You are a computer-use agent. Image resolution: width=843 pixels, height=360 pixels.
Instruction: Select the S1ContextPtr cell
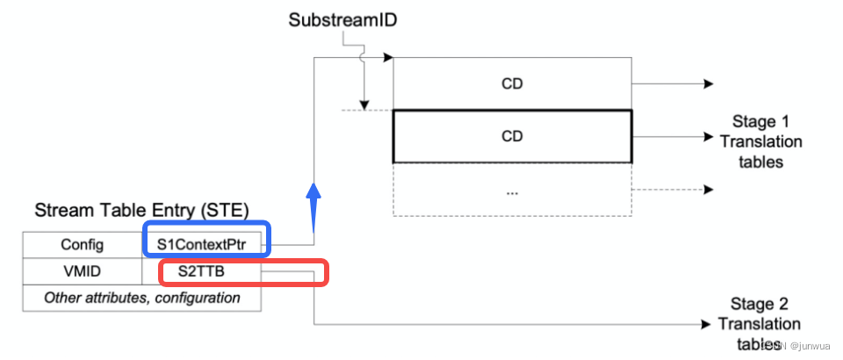206,243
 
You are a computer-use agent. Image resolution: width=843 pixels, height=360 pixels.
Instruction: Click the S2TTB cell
207,271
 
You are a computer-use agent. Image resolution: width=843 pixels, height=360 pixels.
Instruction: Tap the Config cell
83,244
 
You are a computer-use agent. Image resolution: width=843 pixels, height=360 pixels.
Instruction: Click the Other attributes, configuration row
142,298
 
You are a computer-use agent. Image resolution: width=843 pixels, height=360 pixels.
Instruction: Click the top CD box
512,84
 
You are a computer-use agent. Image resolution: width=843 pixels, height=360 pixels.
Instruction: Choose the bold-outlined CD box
512,137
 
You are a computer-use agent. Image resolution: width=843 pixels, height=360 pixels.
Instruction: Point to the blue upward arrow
313,200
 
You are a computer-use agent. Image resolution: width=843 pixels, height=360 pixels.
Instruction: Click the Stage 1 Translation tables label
767,140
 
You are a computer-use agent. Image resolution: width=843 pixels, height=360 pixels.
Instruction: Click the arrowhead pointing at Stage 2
707,324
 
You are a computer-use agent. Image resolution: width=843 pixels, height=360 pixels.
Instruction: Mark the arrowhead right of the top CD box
707,84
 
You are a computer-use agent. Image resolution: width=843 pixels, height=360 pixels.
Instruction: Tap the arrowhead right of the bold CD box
707,137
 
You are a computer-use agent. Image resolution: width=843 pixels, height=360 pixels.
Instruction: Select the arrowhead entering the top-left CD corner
387,59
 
